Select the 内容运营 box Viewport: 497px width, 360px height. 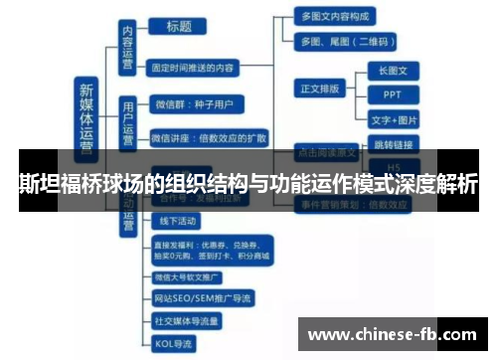(x=127, y=46)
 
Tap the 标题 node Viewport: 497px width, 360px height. (x=179, y=27)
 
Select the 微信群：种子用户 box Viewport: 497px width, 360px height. (x=193, y=102)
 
